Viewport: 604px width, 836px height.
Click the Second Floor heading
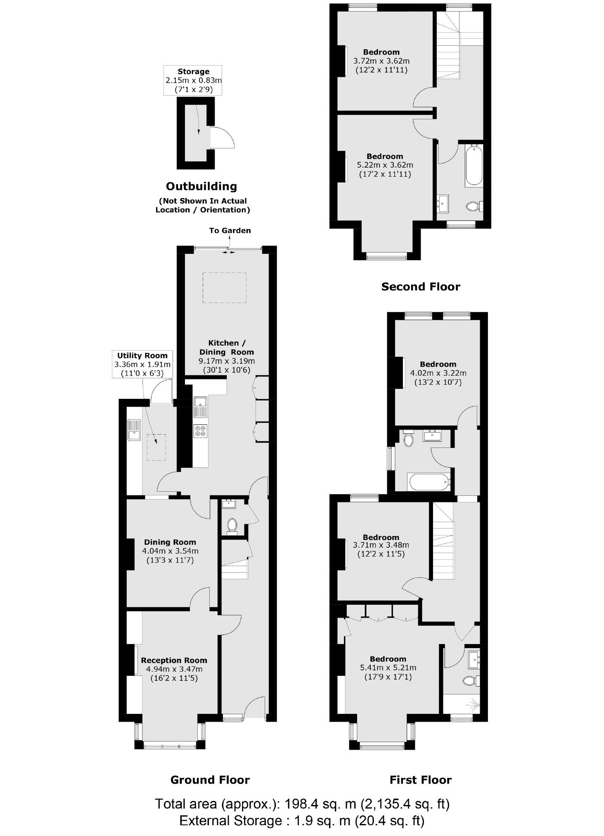pos(420,287)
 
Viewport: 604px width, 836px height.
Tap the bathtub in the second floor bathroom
pos(474,165)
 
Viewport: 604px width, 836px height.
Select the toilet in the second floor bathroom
pos(473,206)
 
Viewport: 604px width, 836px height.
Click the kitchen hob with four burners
pos(200,431)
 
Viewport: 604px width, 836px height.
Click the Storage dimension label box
pos(193,81)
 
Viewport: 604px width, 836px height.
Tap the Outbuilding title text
pos(201,186)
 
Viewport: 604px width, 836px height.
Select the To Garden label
pos(230,230)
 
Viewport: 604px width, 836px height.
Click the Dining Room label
pos(170,542)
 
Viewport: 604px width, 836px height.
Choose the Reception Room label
pos(174,660)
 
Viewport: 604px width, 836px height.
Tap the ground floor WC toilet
pos(232,525)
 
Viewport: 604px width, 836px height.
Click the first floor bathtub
pos(429,482)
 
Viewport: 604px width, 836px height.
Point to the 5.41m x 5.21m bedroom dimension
pos(388,668)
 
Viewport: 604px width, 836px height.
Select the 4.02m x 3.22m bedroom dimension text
pos(438,373)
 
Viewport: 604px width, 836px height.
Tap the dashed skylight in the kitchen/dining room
pos(224,288)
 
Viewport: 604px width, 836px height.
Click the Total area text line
pos(302,804)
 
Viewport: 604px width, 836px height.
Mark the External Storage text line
pos(302,820)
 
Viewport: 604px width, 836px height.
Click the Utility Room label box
pos(142,364)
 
